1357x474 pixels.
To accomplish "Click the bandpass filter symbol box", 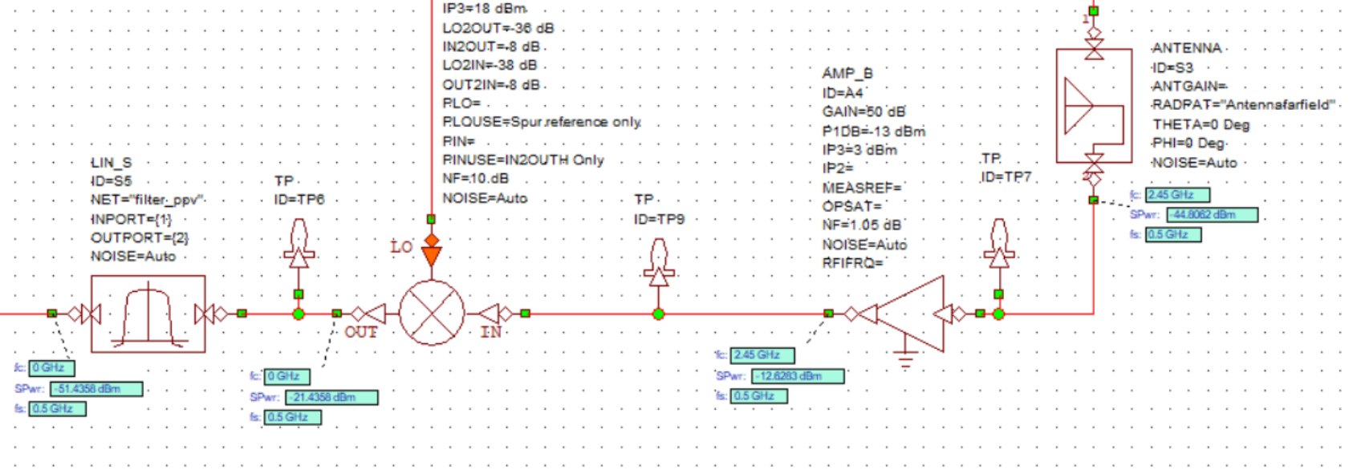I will (148, 314).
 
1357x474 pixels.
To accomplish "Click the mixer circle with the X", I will (432, 314).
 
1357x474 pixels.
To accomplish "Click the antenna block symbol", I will (1093, 106).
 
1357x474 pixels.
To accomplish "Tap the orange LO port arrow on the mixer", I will (432, 254).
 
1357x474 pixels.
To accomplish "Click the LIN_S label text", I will (112, 163).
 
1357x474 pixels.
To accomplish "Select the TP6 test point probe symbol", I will (299, 245).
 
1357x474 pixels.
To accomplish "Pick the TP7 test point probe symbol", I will (998, 245).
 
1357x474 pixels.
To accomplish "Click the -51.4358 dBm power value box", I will (96, 389).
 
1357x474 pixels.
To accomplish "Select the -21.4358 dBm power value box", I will (331, 397).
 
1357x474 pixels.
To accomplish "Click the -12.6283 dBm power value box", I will (798, 375).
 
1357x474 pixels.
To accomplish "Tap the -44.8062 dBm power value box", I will (1212, 215).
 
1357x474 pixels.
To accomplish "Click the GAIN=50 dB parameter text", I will (863, 111).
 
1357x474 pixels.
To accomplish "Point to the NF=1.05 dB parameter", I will (861, 225).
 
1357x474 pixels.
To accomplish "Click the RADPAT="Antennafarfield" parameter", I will (1243, 105).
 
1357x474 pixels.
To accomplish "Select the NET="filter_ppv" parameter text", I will (148, 200).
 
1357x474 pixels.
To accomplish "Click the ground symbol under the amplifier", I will (906, 360).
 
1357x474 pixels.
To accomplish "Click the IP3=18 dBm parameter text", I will (485, 9).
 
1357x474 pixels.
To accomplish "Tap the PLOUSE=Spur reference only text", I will (542, 122).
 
